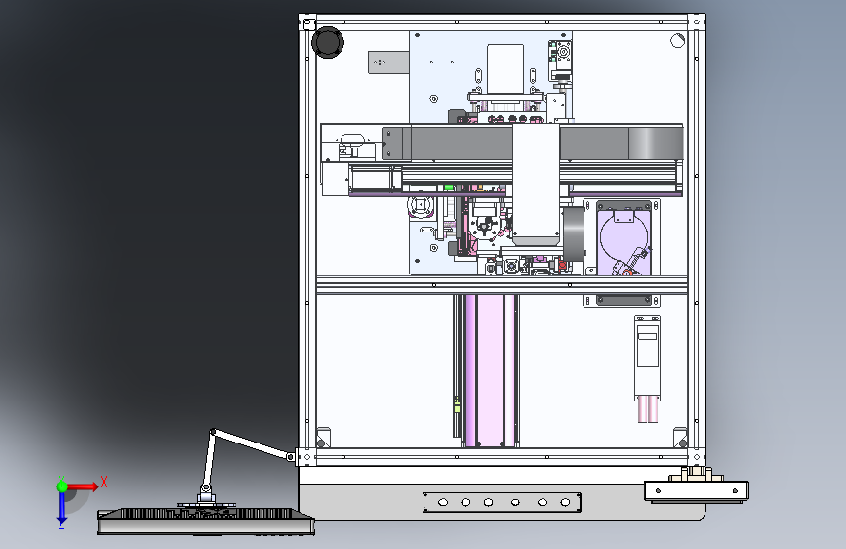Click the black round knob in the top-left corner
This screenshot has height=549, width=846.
pyautogui.click(x=328, y=42)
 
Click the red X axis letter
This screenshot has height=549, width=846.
pyautogui.click(x=104, y=482)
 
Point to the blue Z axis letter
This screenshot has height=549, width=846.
pyautogui.click(x=60, y=525)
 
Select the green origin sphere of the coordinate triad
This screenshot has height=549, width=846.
pyautogui.click(x=61, y=486)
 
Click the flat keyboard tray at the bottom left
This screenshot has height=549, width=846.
pyautogui.click(x=206, y=521)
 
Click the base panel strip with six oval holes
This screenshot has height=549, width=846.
pyautogui.click(x=502, y=502)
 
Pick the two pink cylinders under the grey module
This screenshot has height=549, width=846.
pyautogui.click(x=647, y=408)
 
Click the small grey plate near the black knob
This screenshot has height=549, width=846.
pyautogui.click(x=387, y=63)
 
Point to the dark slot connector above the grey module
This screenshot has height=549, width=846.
pyautogui.click(x=624, y=300)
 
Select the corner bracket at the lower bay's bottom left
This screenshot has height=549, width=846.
pyautogui.click(x=324, y=437)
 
